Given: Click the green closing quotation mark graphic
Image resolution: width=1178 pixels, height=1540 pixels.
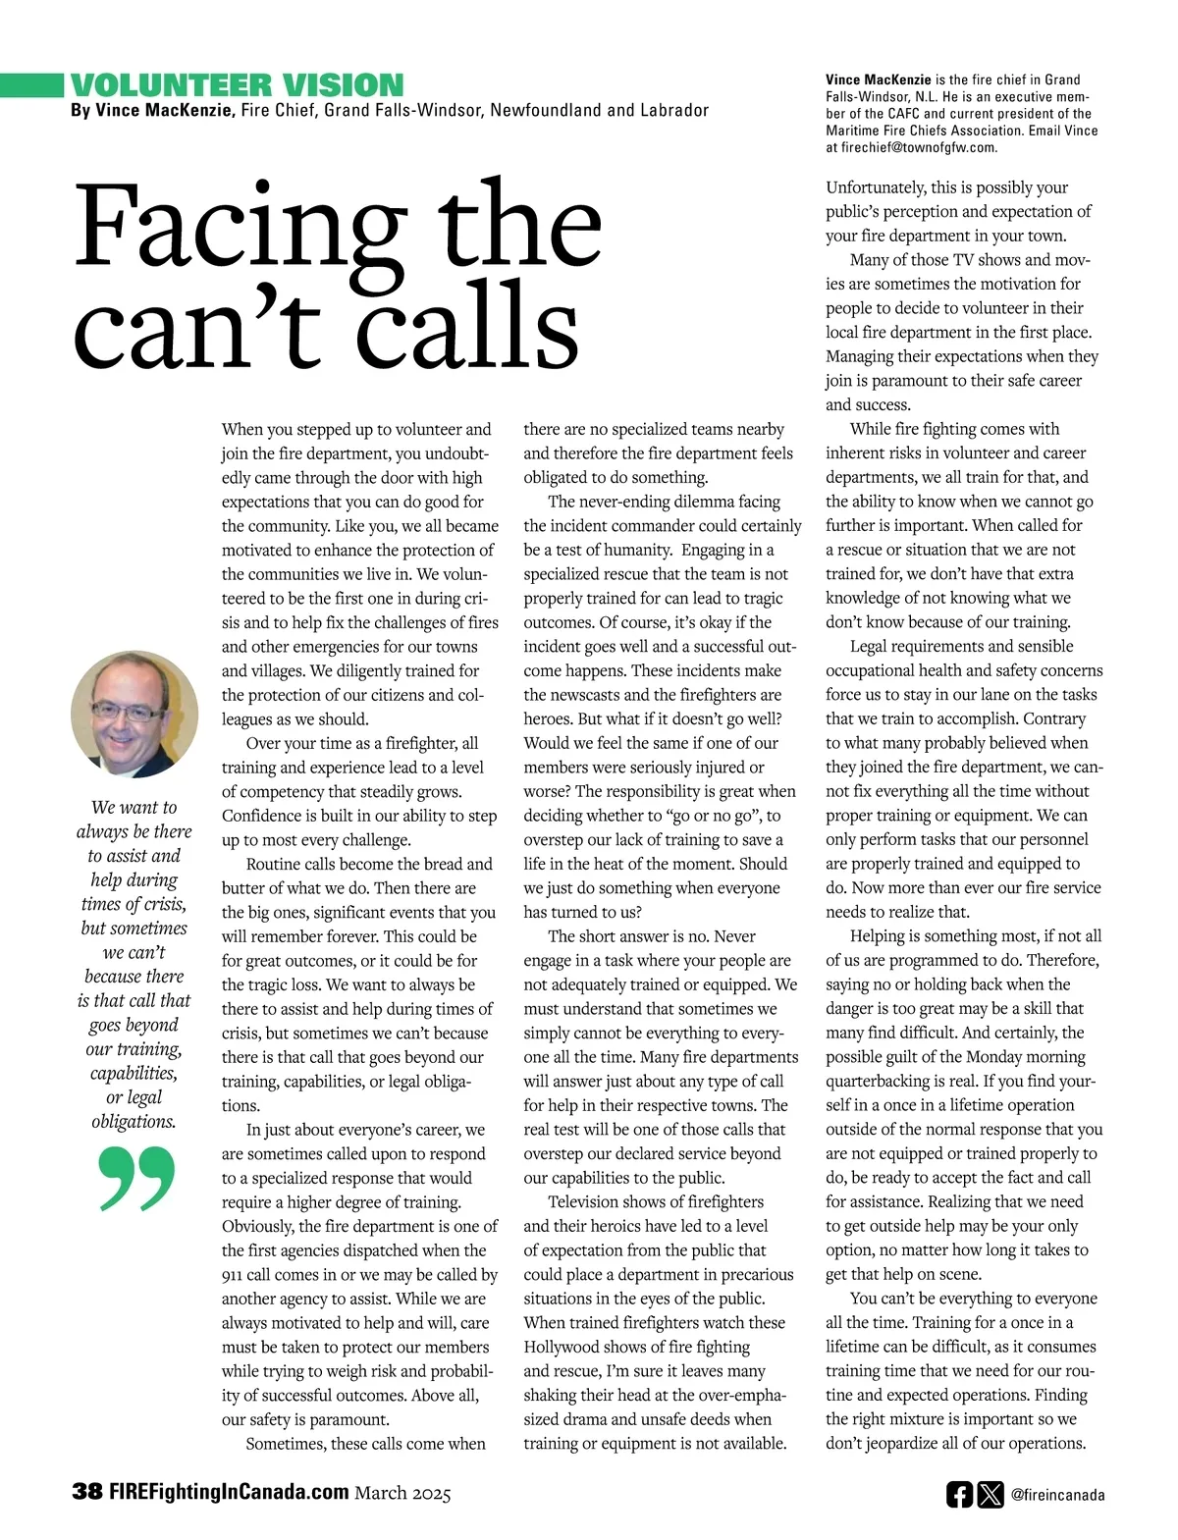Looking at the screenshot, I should click(x=137, y=1177).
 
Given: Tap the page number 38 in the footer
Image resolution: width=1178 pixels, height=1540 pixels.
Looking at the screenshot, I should click(x=86, y=1492).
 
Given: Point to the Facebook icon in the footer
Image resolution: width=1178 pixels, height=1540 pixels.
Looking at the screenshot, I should click(x=959, y=1495).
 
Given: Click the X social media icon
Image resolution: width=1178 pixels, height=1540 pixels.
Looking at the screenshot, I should click(x=991, y=1495).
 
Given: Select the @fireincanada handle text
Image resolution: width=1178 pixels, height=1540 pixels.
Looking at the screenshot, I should click(x=1058, y=1496).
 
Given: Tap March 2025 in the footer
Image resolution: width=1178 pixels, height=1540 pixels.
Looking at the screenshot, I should click(x=402, y=1493).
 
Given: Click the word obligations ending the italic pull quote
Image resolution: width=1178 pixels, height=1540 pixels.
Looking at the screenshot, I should click(x=134, y=1121).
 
